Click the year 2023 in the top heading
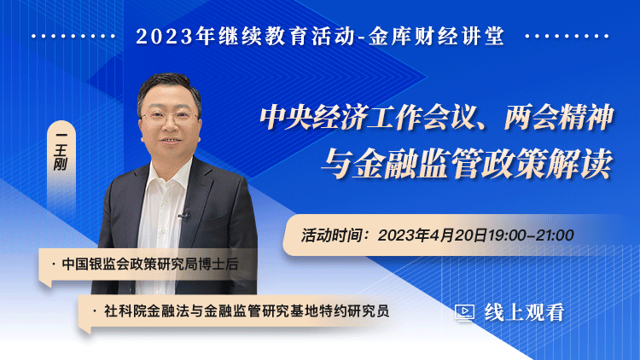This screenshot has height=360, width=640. click(x=164, y=37)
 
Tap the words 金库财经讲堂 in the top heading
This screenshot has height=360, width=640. click(x=436, y=36)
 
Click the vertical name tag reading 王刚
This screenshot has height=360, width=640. click(x=61, y=152)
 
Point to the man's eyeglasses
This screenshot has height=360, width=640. click(x=170, y=118)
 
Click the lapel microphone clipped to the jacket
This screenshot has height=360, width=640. click(x=184, y=215)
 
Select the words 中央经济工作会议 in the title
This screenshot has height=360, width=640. click(x=367, y=118)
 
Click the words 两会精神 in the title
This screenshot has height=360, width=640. click(x=559, y=118)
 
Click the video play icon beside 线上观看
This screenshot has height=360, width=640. click(x=464, y=313)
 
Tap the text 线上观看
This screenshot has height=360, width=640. click(x=525, y=312)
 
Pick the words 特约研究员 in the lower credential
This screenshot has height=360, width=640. click(x=355, y=311)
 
